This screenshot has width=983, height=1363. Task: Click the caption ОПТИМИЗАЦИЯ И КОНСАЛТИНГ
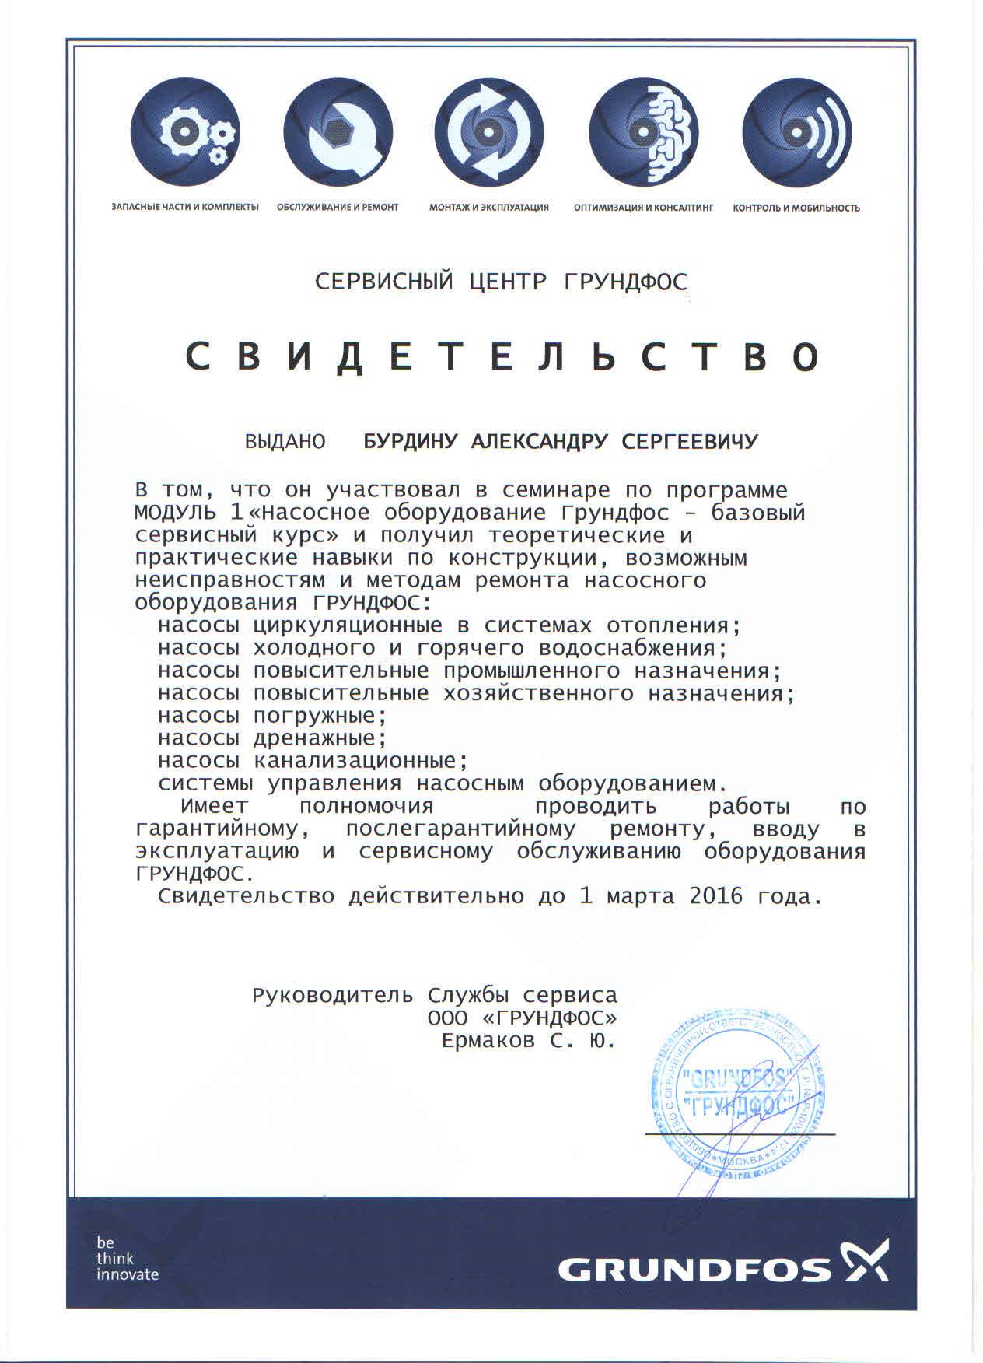coord(643,208)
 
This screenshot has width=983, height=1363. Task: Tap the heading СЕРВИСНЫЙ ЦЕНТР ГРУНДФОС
coord(502,281)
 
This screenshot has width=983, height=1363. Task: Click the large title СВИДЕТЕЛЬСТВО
coord(502,356)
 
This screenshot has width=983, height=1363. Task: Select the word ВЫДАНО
coord(285,442)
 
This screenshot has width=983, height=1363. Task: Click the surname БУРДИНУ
coord(414,442)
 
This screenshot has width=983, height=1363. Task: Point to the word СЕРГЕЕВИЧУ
coord(690,442)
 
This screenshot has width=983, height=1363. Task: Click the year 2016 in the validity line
coord(712,896)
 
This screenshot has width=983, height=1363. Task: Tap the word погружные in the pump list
coord(320,715)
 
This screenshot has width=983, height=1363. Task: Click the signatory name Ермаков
coord(488,1041)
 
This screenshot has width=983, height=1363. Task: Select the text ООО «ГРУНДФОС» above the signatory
coord(523,1018)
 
